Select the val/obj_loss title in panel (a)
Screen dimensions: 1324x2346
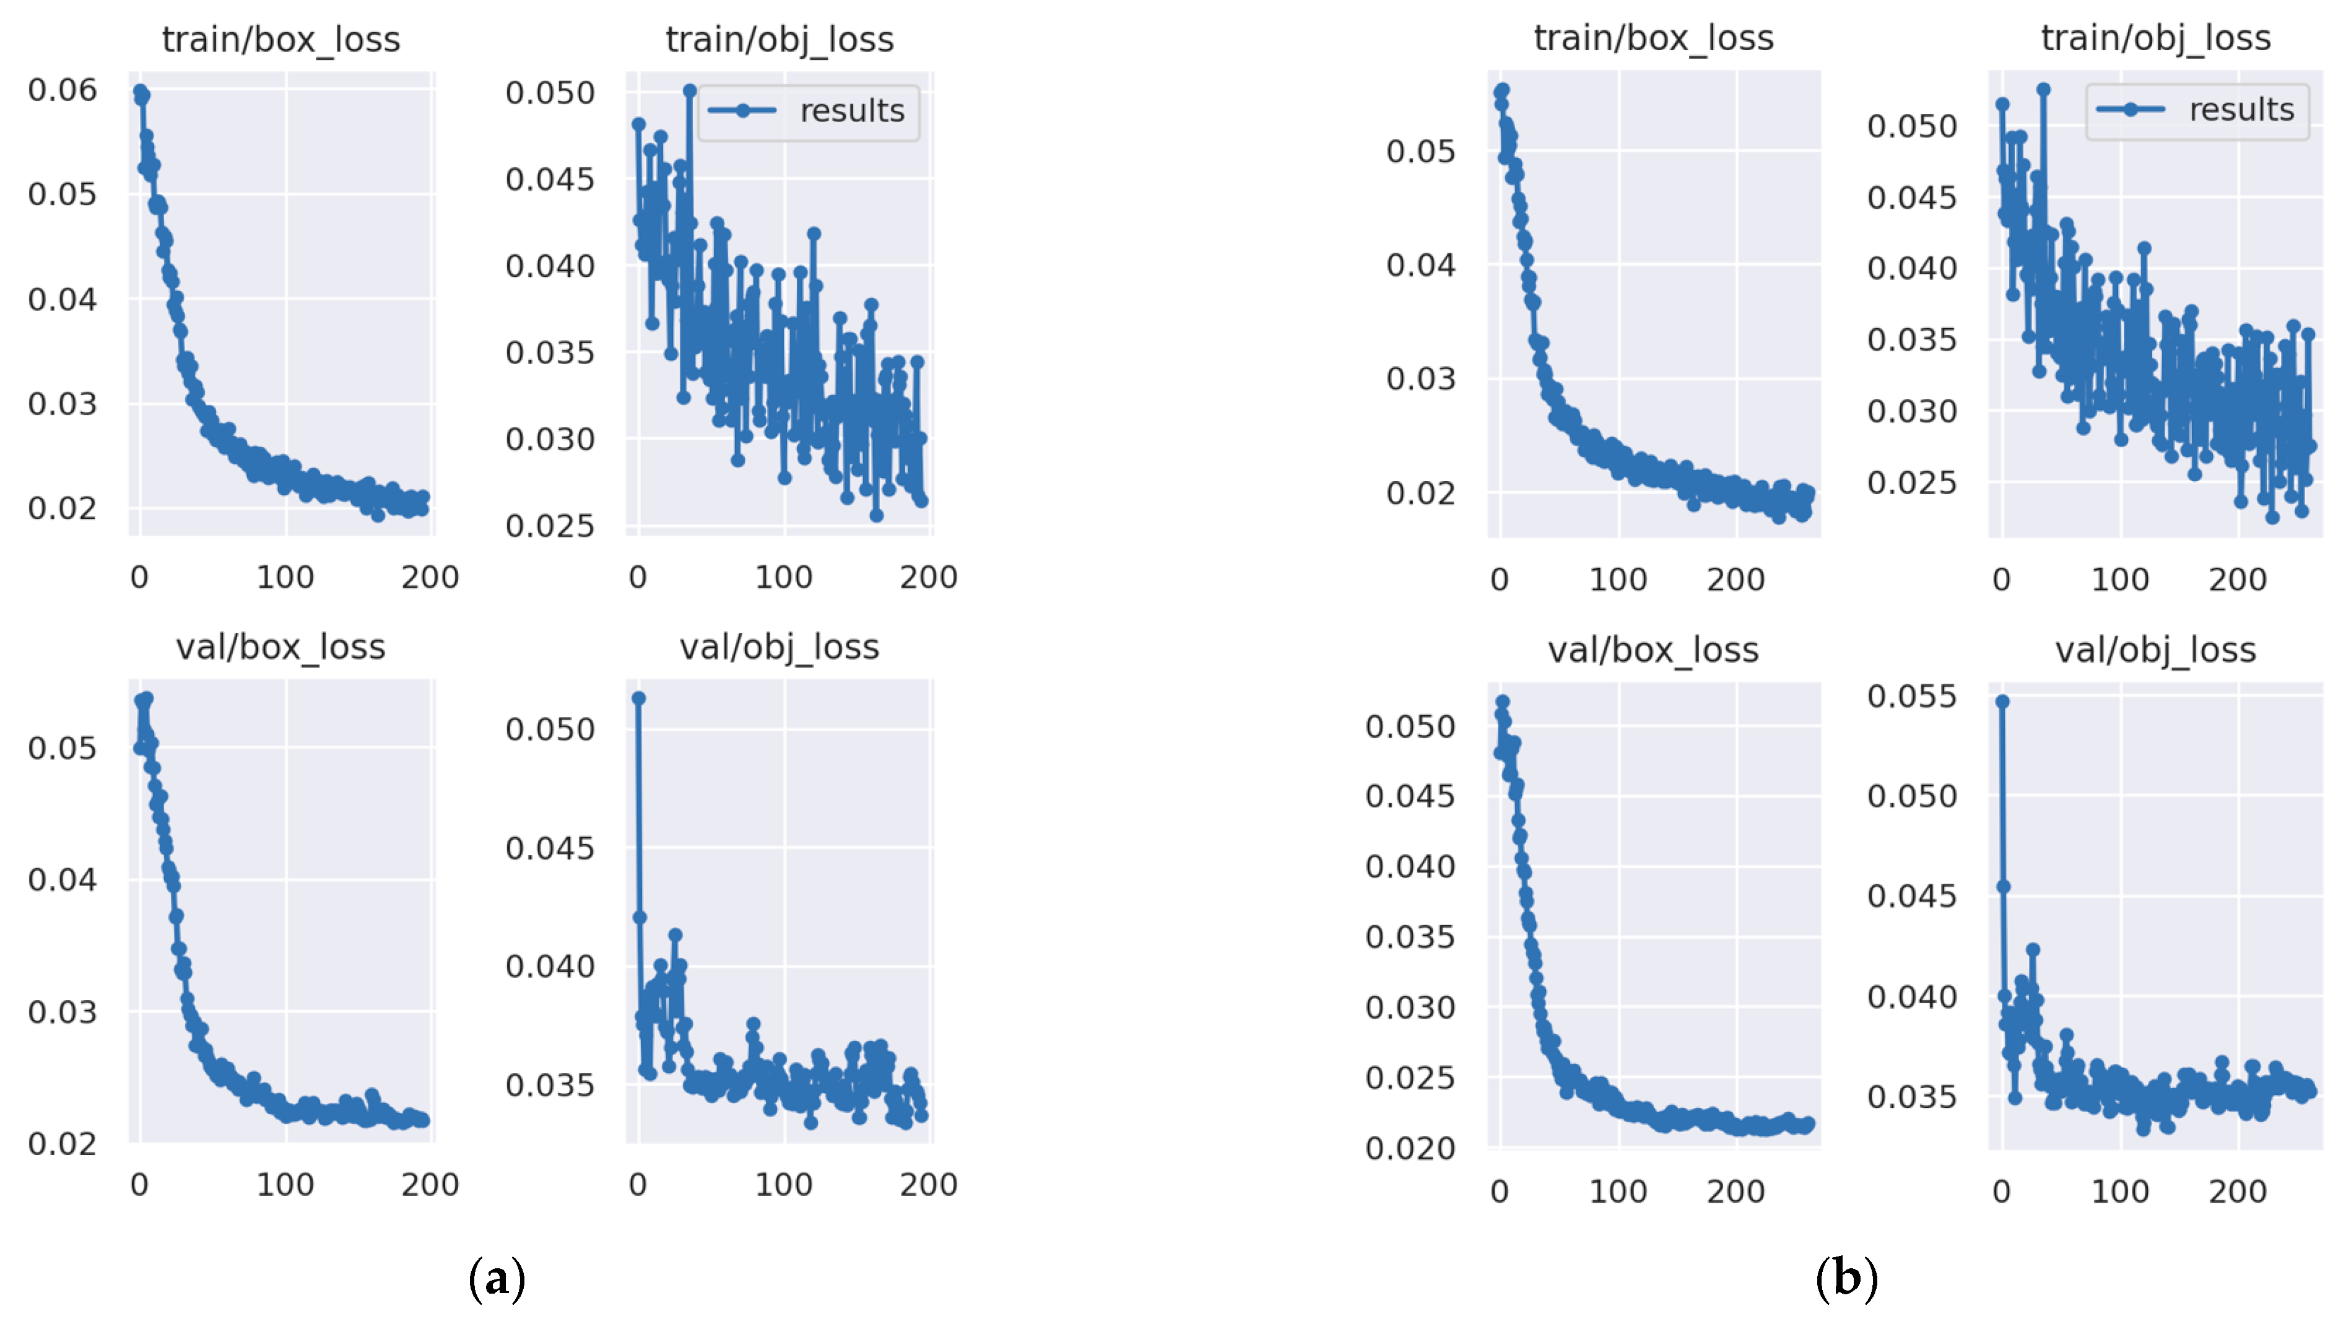coord(779,647)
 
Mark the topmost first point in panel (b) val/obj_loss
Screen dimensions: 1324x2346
coord(2002,701)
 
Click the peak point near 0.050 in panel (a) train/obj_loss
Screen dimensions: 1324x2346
coord(690,91)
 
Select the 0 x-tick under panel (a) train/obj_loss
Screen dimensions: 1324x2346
coord(638,577)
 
